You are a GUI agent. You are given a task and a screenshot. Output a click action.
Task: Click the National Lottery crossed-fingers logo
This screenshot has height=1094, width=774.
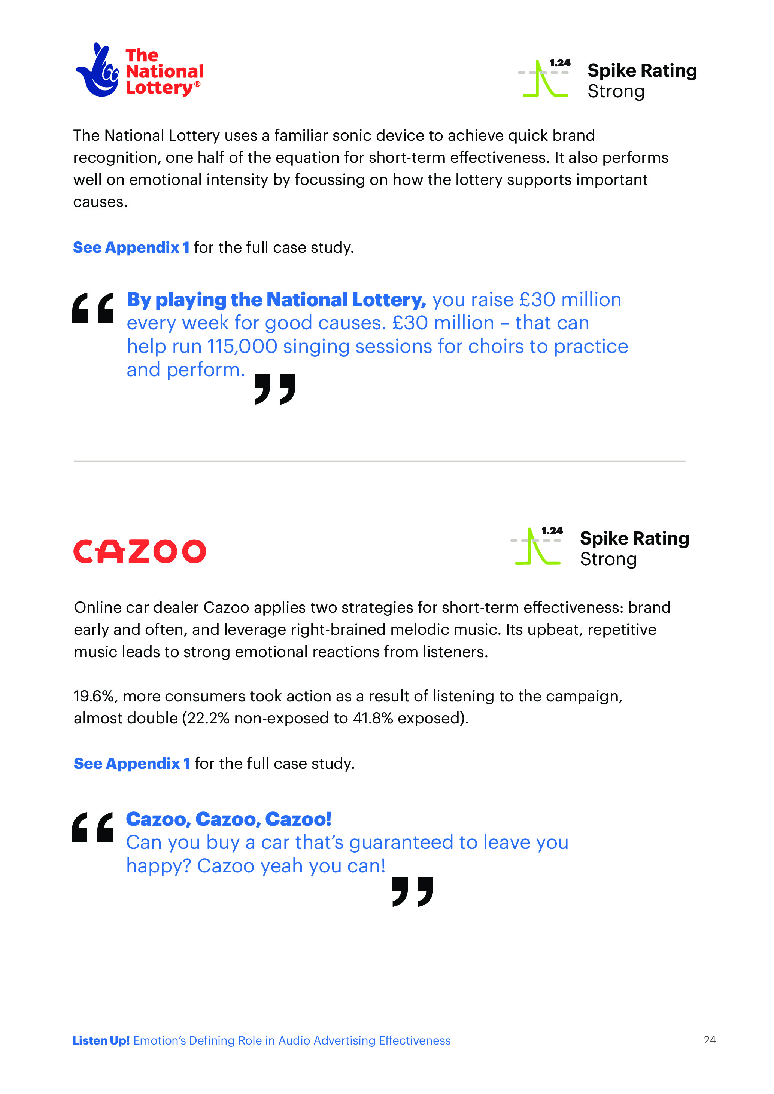tap(98, 70)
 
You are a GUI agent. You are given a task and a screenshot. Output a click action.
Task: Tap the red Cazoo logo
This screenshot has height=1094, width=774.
tap(140, 551)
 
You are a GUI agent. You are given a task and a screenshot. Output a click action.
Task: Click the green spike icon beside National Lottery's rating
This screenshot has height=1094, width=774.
tap(544, 79)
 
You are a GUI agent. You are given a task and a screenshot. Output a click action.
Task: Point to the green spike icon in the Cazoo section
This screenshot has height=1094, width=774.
tap(536, 547)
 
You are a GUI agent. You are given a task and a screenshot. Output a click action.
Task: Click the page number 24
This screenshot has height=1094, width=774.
tap(709, 1040)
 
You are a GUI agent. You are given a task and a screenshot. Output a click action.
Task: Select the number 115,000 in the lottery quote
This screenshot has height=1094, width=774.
tap(242, 347)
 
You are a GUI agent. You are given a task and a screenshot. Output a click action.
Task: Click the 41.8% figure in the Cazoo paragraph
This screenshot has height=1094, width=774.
tap(373, 718)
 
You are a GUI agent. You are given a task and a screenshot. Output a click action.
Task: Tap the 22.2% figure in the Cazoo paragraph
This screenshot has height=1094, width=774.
tap(208, 718)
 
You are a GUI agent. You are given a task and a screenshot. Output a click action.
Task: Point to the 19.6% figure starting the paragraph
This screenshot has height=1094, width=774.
tap(94, 696)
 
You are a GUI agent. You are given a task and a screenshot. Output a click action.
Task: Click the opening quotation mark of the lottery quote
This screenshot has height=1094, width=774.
tap(93, 308)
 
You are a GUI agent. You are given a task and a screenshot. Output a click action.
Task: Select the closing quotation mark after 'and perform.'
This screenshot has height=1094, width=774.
tap(275, 389)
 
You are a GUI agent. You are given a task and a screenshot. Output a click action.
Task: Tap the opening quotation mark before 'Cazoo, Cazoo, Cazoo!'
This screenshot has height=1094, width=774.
tap(92, 827)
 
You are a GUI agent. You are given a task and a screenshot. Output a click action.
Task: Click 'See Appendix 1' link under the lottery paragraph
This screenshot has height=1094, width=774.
tap(131, 247)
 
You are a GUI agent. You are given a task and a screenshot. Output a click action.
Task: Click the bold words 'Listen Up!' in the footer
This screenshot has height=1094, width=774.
tap(101, 1040)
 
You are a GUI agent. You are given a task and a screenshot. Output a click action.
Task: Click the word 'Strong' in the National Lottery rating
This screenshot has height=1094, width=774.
tap(616, 91)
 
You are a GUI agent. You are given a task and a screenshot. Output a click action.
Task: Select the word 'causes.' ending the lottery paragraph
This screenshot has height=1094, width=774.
tap(100, 202)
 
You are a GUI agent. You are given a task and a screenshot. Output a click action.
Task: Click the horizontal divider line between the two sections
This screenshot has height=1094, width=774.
tap(379, 461)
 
